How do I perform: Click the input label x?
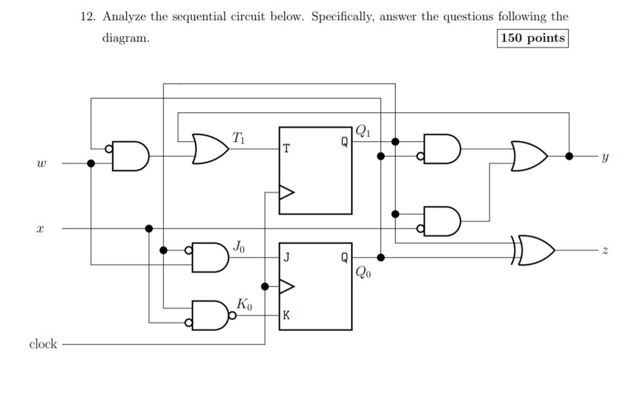(40, 229)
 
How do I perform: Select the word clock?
(43, 344)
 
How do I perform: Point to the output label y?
(605, 157)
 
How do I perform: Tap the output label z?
(605, 251)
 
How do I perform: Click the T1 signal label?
(239, 137)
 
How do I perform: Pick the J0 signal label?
(240, 246)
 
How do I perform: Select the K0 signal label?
(244, 304)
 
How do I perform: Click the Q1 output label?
(363, 131)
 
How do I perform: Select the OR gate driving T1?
(208, 149)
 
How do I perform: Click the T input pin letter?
(287, 148)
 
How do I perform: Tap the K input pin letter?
(286, 316)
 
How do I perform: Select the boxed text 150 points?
(532, 38)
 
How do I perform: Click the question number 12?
(88, 16)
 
